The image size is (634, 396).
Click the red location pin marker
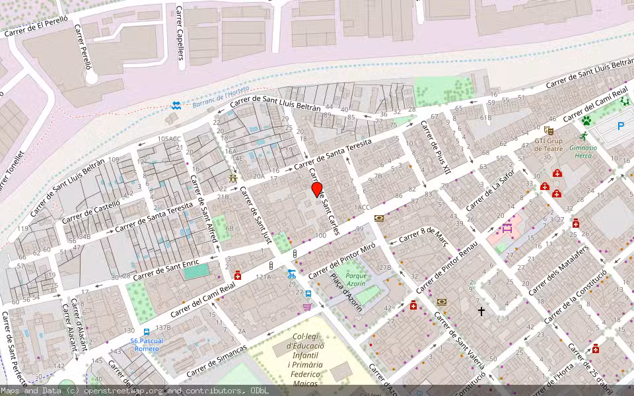(317, 189)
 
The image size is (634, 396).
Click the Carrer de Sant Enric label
(164, 270)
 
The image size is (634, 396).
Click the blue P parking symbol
(620, 126)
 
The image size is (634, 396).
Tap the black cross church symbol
(481, 310)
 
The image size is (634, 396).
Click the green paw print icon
(586, 121)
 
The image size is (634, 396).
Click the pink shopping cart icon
(307, 306)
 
